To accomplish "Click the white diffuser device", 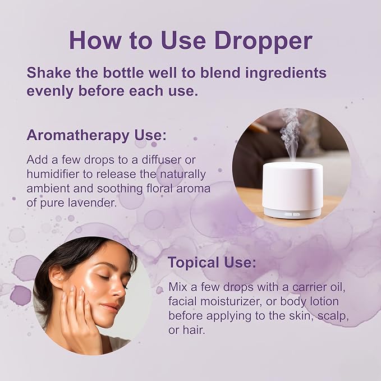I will pyautogui.click(x=292, y=185).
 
